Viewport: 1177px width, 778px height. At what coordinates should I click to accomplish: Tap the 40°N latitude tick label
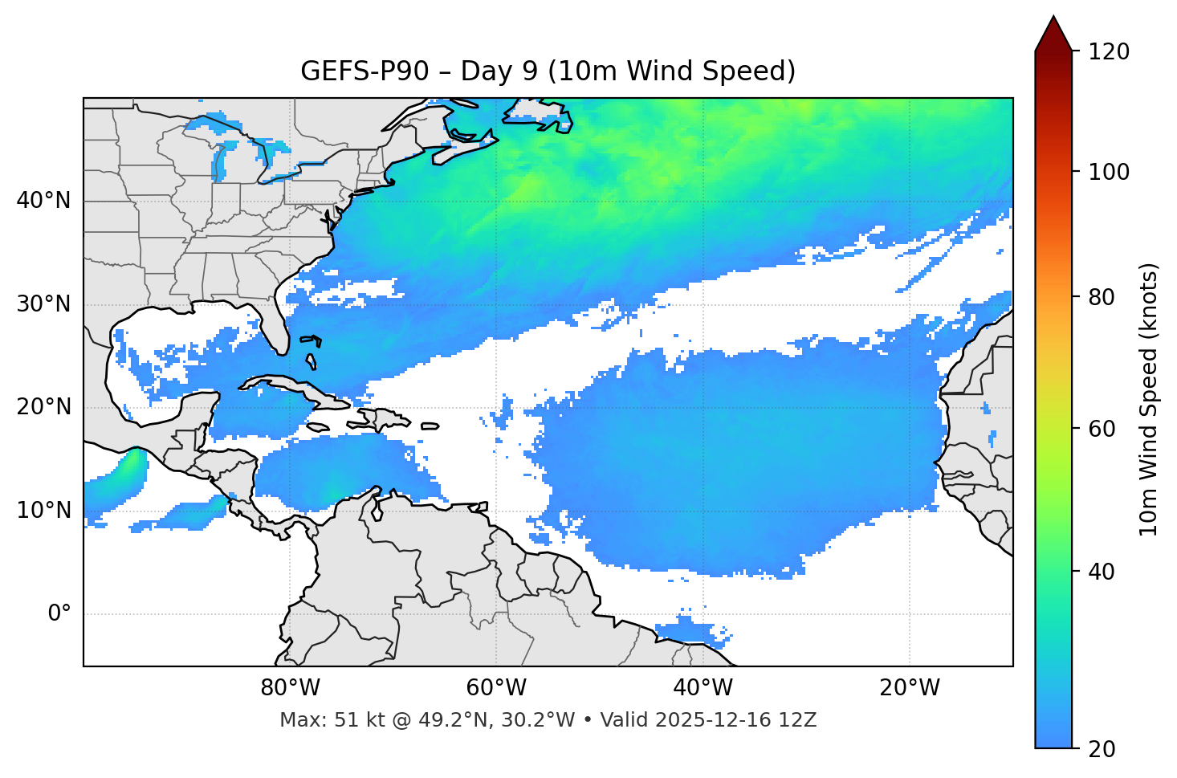[x=43, y=201]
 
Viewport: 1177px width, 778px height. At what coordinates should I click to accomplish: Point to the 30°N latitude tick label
[x=43, y=304]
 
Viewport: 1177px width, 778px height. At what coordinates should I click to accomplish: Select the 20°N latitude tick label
[x=43, y=407]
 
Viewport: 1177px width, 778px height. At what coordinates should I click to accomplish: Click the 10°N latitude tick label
[x=43, y=511]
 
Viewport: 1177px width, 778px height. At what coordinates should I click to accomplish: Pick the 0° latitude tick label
[x=59, y=614]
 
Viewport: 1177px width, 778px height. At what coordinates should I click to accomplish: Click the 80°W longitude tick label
[x=290, y=688]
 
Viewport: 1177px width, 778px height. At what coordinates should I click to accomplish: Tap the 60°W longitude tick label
[x=496, y=688]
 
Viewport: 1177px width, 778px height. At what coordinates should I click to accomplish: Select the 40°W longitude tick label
[x=703, y=688]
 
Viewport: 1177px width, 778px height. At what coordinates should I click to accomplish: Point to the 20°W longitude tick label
[x=910, y=688]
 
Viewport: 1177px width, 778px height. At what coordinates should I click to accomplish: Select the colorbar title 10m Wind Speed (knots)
[x=1149, y=399]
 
